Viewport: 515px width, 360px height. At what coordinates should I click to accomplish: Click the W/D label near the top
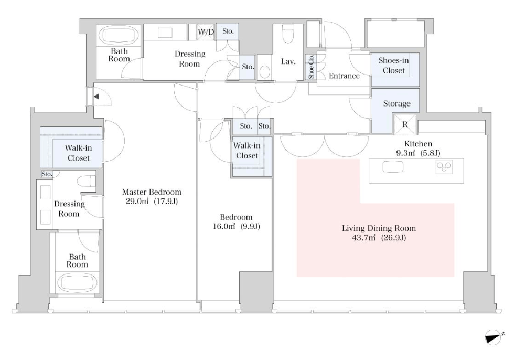click(206, 32)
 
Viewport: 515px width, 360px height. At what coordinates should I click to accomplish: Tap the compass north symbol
click(493, 337)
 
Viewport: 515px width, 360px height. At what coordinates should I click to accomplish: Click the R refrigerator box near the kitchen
click(405, 124)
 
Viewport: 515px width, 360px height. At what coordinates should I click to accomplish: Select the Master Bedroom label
click(152, 192)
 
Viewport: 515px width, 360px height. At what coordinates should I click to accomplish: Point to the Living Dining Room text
click(379, 228)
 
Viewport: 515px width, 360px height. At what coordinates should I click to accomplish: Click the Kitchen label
click(418, 144)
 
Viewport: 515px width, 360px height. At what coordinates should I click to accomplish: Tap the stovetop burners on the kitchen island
click(444, 167)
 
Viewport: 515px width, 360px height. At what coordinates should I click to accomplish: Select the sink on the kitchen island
click(393, 166)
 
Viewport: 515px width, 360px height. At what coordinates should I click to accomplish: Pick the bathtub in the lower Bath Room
click(77, 283)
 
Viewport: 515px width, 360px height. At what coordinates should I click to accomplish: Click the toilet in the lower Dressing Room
click(86, 181)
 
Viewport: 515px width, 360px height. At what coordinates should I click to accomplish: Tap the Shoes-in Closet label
click(393, 66)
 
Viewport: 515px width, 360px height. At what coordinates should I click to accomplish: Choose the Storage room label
click(397, 103)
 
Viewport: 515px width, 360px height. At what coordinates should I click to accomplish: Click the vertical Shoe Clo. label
click(311, 67)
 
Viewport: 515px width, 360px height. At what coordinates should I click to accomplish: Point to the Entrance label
click(344, 76)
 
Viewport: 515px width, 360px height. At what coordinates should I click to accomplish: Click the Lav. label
click(288, 61)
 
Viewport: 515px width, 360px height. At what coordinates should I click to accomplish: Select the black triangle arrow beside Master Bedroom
click(96, 97)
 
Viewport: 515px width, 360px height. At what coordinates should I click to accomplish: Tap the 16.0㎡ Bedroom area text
click(237, 226)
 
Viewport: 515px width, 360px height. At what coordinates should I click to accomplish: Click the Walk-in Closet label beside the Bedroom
click(247, 151)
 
